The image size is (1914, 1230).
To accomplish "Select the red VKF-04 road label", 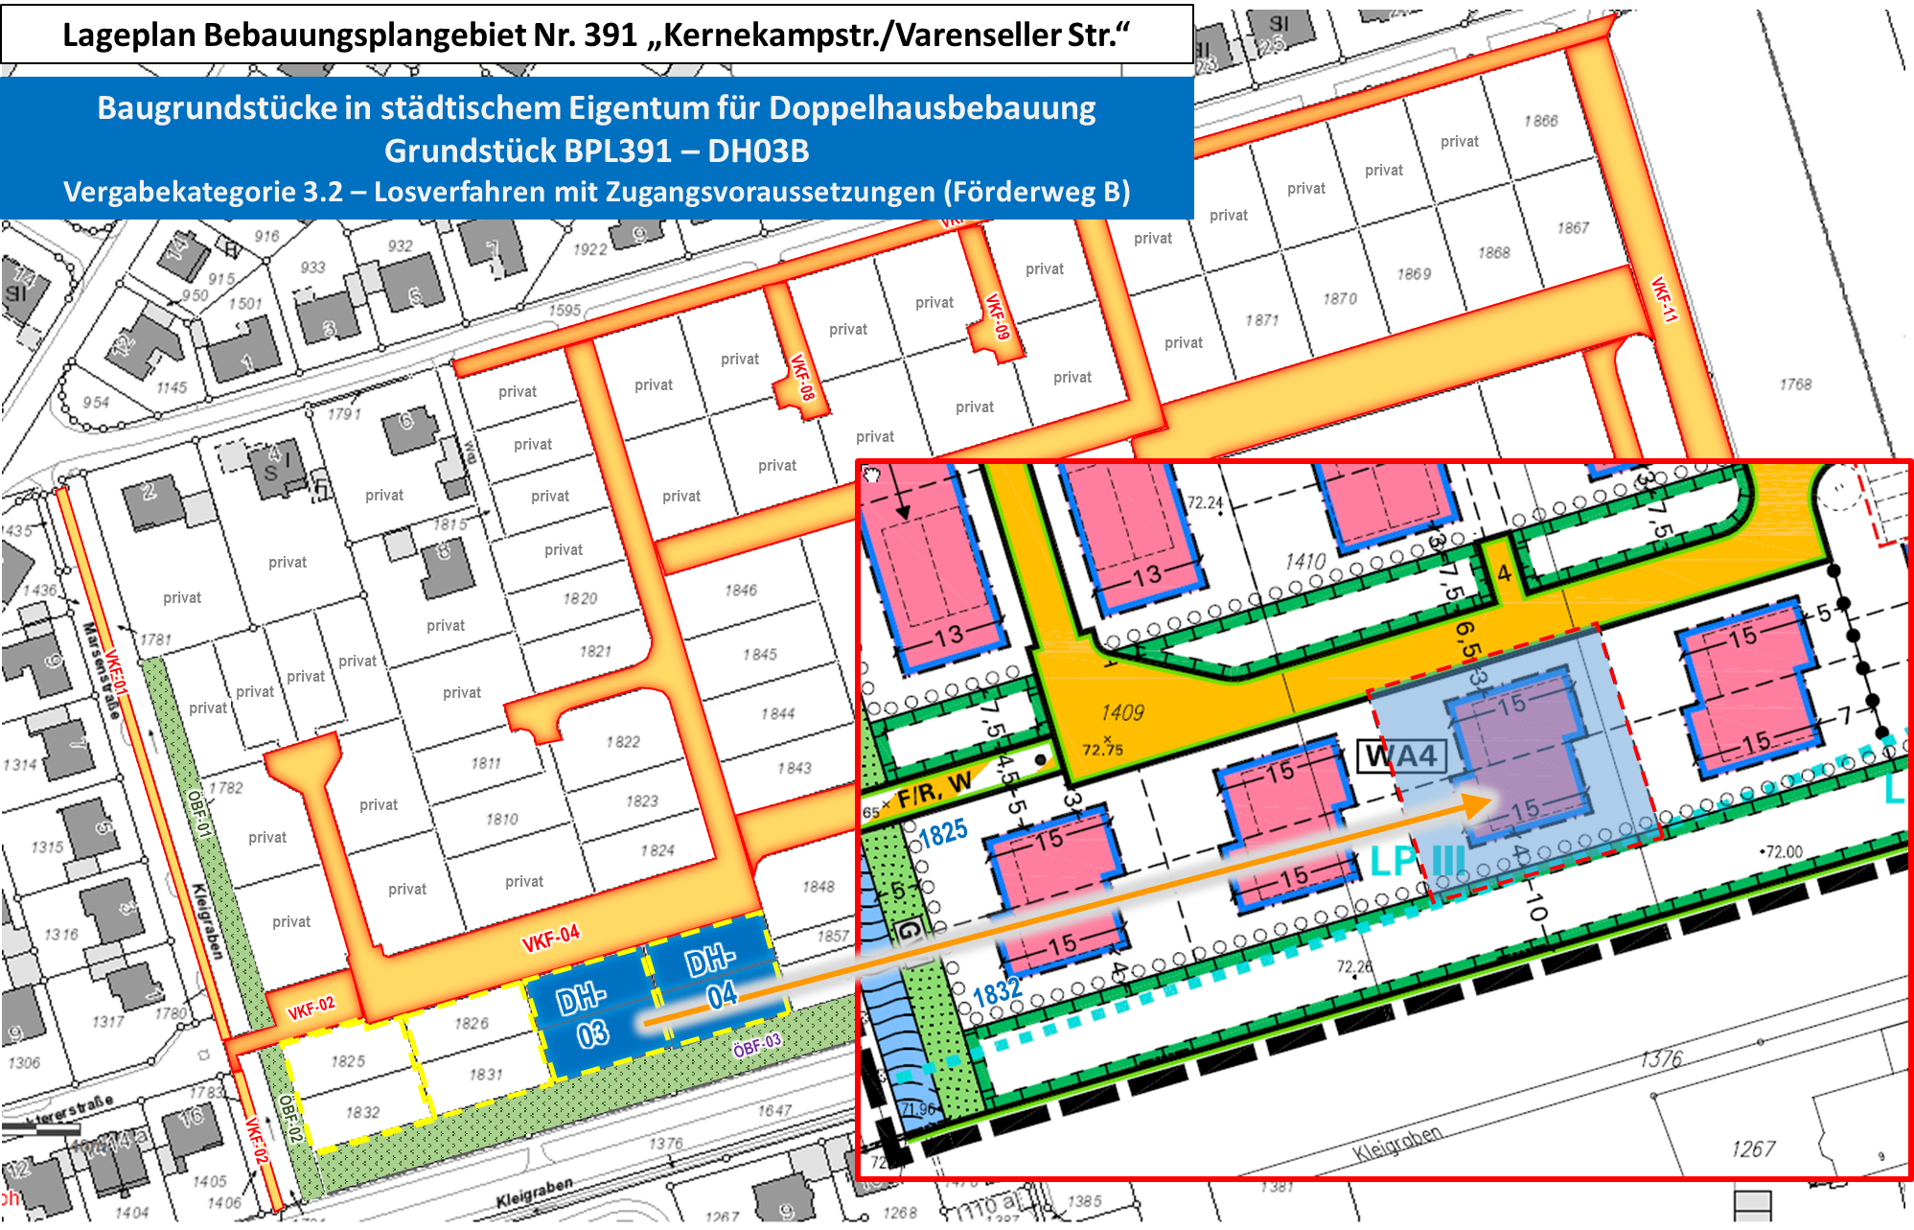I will [x=550, y=939].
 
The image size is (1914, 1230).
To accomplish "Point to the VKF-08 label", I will [x=802, y=377].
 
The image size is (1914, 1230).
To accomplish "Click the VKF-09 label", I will [x=998, y=316].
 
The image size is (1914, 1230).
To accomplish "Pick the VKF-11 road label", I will [x=1665, y=299].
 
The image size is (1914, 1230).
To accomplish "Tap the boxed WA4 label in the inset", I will [x=1401, y=756].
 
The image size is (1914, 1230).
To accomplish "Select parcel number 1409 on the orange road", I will [x=1121, y=712].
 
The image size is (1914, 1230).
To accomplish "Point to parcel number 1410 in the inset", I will [x=1305, y=561].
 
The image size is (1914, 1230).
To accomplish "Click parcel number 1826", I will [x=472, y=1024].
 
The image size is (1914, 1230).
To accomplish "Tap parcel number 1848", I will [x=819, y=887].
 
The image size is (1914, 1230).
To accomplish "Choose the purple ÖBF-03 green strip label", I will [x=757, y=1045].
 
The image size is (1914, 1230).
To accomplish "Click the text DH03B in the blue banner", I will [x=758, y=151].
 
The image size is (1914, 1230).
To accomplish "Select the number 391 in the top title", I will [x=611, y=35].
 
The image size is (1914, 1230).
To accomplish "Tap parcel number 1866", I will [x=1541, y=121].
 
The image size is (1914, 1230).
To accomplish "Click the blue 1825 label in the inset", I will [x=943, y=832].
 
